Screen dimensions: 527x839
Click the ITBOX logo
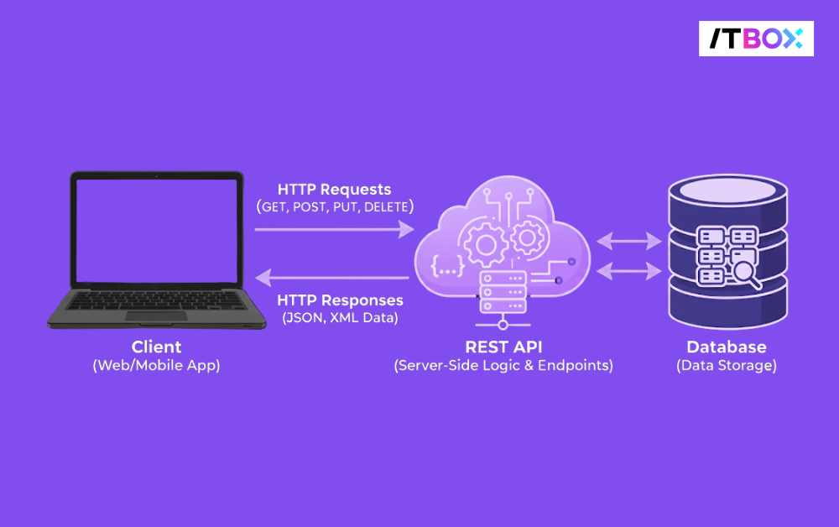[756, 39]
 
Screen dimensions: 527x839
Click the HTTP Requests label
[334, 190]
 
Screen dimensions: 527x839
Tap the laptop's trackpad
[157, 316]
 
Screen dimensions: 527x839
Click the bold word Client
[156, 347]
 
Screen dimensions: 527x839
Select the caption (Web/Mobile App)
[156, 366]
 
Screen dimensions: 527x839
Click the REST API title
[503, 347]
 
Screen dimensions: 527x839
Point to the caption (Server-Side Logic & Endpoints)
[503, 366]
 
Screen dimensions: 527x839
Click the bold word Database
[727, 347]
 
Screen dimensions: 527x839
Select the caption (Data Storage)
[727, 366]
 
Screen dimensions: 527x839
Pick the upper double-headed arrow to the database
[629, 242]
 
